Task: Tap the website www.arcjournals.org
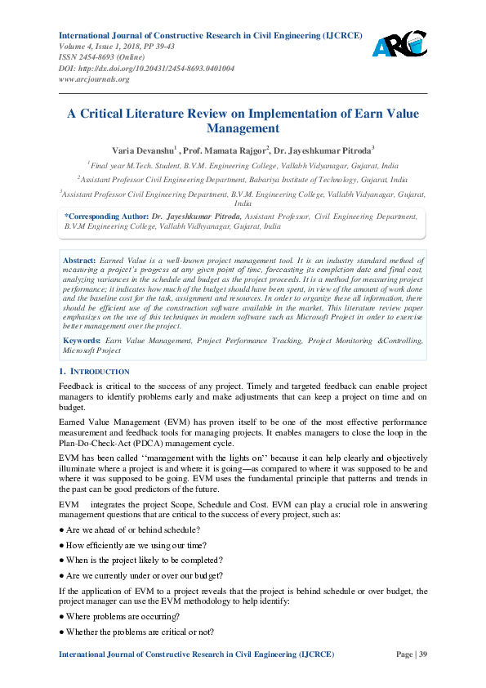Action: point(94,79)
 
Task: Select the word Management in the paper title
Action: point(243,129)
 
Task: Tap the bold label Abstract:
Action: point(79,258)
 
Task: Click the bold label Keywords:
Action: point(82,339)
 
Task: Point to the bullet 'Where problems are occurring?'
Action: point(120,615)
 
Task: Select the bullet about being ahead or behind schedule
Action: point(130,529)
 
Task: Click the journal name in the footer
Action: point(196,654)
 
